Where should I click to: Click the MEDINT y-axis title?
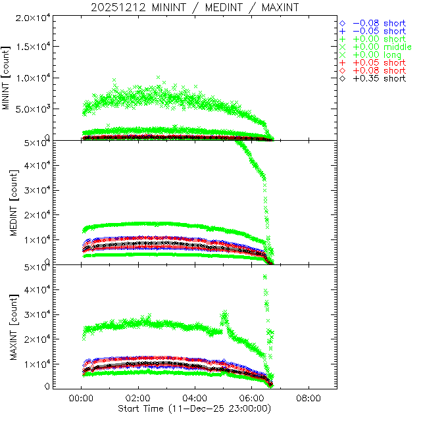7,201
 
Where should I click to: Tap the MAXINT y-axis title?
7,326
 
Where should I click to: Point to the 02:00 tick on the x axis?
138,399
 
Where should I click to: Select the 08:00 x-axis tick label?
309,399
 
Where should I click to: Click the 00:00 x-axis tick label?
81,399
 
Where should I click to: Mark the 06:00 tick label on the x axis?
252,399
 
